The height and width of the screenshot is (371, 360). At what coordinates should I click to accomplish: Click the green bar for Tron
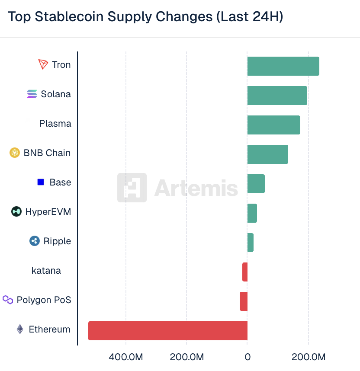click(x=283, y=66)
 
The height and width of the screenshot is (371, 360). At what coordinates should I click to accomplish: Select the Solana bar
click(x=277, y=96)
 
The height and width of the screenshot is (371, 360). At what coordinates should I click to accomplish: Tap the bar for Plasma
click(x=273, y=125)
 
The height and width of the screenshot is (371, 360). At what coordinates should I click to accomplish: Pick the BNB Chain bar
click(x=267, y=154)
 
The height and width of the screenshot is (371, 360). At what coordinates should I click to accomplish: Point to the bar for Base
click(x=256, y=184)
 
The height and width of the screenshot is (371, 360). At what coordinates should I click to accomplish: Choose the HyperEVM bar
click(x=252, y=213)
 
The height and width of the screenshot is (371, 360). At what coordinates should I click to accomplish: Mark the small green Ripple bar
click(x=250, y=243)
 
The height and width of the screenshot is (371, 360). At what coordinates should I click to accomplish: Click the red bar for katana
click(x=245, y=272)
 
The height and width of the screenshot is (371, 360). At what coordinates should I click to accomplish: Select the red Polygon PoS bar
click(x=244, y=301)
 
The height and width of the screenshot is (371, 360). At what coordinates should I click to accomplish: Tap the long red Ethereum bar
click(x=168, y=331)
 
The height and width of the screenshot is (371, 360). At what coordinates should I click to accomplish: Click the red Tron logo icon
click(x=43, y=65)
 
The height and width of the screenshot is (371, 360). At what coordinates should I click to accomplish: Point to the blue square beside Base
click(x=41, y=182)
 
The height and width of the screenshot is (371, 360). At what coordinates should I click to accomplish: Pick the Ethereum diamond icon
click(x=20, y=329)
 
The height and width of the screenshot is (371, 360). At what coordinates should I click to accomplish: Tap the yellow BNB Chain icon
click(x=15, y=153)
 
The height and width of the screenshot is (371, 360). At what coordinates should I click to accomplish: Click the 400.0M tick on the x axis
click(x=126, y=357)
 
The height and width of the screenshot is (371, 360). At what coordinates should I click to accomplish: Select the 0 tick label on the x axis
click(x=247, y=357)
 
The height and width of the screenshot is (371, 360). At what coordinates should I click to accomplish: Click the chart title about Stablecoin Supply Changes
click(x=145, y=17)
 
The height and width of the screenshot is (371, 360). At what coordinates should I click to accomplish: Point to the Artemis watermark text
click(x=196, y=188)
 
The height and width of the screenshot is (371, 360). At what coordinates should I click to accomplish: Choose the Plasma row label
click(x=55, y=124)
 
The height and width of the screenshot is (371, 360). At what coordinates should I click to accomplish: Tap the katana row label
click(x=46, y=271)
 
